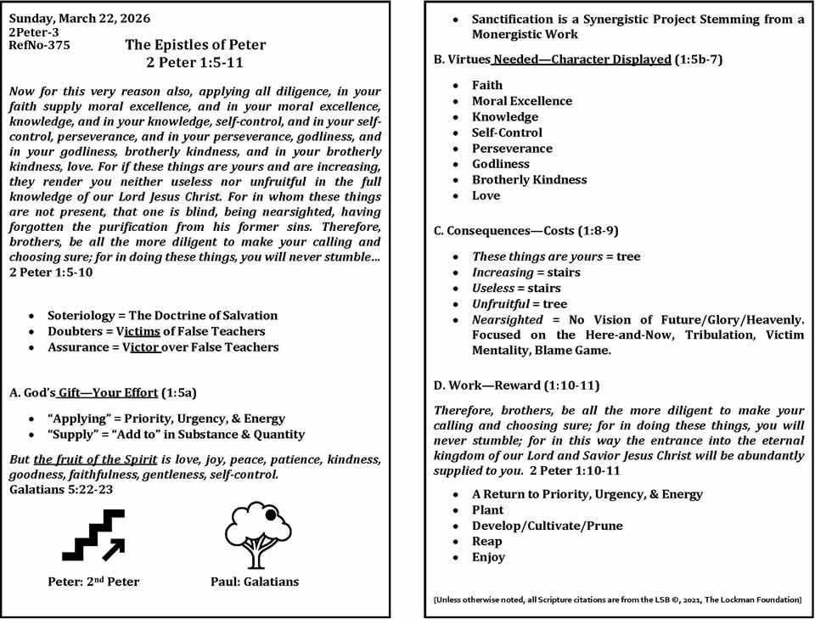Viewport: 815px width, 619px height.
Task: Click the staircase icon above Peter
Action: pyautogui.click(x=93, y=534)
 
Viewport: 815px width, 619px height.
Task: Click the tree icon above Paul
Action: pyautogui.click(x=255, y=534)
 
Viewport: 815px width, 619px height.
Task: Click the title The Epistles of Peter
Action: pyautogui.click(x=195, y=45)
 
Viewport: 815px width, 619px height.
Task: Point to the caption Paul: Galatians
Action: pyautogui.click(x=255, y=582)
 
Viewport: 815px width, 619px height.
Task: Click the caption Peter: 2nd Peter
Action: pyautogui.click(x=93, y=582)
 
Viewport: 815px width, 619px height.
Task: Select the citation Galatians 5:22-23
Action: pyautogui.click(x=61, y=489)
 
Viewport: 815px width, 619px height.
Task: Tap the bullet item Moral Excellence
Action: pyautogui.click(x=522, y=101)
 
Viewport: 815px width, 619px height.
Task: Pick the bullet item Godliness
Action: pyautogui.click(x=501, y=164)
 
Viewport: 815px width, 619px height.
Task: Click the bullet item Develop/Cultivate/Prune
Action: pyautogui.click(x=548, y=526)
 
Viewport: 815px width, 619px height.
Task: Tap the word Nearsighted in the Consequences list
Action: pyautogui.click(x=507, y=320)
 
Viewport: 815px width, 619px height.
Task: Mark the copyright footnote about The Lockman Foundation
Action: pyautogui.click(x=617, y=600)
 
